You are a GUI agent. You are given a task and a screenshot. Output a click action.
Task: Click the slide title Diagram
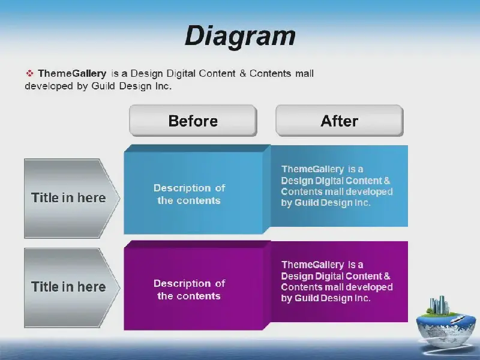tap(241, 37)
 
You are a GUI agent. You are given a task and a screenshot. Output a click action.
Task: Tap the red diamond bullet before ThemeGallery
tap(29, 73)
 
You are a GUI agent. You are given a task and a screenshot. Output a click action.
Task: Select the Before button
tap(193, 121)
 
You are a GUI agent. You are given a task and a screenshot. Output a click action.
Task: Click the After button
tap(340, 121)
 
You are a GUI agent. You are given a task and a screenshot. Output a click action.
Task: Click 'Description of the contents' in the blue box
tap(190, 194)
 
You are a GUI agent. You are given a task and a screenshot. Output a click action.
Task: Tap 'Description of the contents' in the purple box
tap(190, 290)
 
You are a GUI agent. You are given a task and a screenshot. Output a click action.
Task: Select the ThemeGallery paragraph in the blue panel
tap(337, 186)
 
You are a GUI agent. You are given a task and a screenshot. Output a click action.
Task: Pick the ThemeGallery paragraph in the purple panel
tap(337, 281)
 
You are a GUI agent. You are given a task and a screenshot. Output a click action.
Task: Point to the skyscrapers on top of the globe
tap(439, 304)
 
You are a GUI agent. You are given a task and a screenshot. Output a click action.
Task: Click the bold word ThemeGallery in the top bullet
tap(72, 73)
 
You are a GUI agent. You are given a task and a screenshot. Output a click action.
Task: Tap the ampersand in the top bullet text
tap(243, 74)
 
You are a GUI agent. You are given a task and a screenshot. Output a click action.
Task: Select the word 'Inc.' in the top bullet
tap(163, 86)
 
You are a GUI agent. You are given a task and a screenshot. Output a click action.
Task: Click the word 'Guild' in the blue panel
tap(307, 203)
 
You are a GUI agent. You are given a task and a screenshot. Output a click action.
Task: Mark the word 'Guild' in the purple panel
tap(307, 298)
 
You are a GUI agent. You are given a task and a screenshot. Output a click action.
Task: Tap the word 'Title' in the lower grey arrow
tap(43, 287)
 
